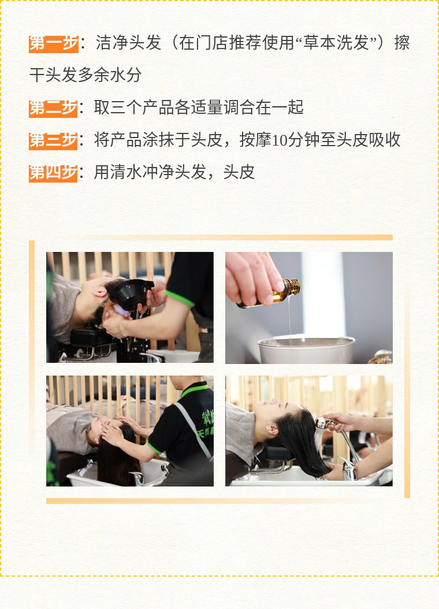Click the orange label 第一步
(x=54, y=43)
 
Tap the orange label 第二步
(x=53, y=109)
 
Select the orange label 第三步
(x=53, y=140)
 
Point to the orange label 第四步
(x=53, y=173)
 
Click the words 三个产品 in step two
(x=142, y=107)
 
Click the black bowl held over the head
(x=130, y=294)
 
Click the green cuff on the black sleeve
(x=179, y=298)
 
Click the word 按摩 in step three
(x=255, y=140)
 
